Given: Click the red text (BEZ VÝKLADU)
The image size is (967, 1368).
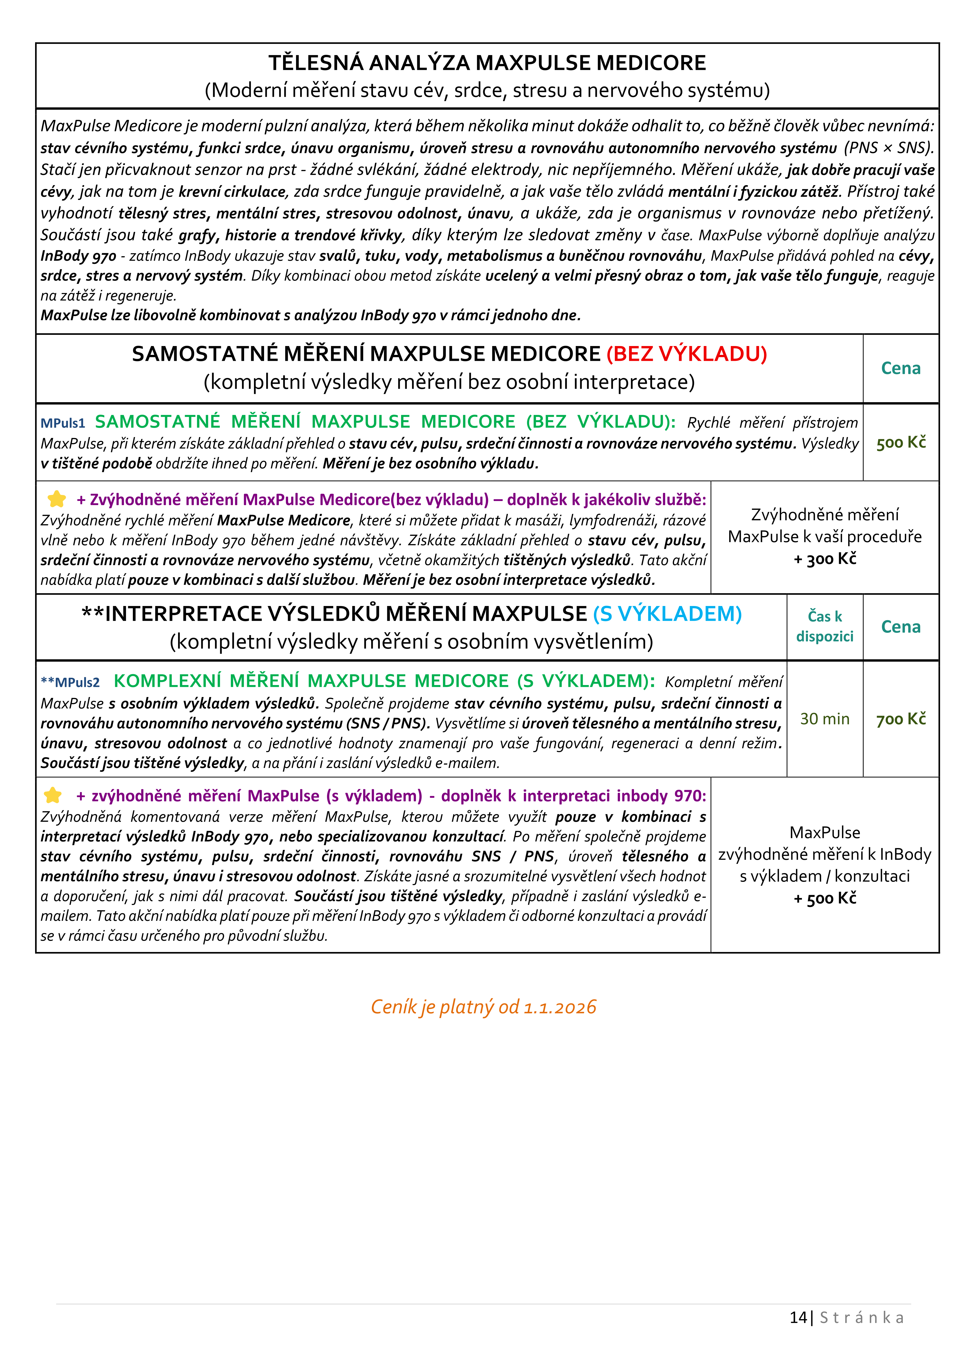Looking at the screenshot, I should (686, 354).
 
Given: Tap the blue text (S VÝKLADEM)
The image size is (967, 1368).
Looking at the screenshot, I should (667, 614).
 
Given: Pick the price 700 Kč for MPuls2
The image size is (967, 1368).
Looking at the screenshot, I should (901, 719).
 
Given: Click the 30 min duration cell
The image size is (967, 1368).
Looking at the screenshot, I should (825, 719).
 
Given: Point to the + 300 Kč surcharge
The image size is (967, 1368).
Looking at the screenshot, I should (825, 559).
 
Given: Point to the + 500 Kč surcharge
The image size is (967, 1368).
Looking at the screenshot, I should (825, 898).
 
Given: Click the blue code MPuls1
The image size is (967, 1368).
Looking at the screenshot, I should (63, 423).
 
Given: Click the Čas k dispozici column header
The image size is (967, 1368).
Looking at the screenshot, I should (825, 626).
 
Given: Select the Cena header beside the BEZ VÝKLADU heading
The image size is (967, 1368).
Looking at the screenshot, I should (901, 368).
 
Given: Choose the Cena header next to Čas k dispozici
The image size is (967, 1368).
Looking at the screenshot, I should (901, 627).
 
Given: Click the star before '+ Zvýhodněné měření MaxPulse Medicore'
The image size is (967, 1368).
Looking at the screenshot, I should (57, 499).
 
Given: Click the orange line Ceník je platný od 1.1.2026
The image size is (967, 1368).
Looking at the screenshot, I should (483, 1007).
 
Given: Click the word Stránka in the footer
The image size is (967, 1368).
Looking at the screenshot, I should (861, 1317).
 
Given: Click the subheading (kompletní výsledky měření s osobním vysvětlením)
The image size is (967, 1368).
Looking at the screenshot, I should (411, 642).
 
